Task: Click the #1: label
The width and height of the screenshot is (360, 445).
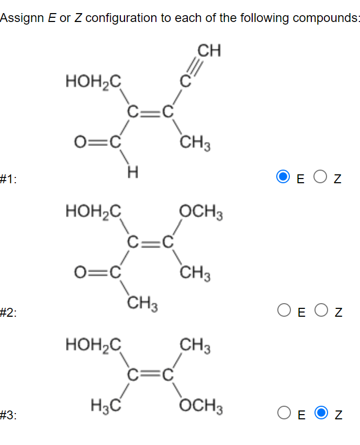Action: coord(8,179)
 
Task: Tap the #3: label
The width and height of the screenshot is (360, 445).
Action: coord(8,415)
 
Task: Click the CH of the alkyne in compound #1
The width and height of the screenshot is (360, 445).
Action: coord(210,51)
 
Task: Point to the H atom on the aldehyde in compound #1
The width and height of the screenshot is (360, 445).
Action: coord(133,171)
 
